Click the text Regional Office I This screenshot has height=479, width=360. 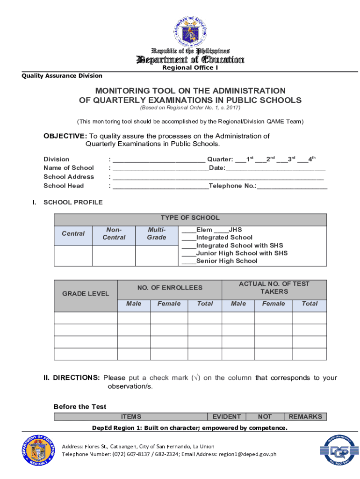(x=190, y=68)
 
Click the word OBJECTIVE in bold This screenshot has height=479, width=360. (x=65, y=136)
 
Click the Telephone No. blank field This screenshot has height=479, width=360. (x=292, y=187)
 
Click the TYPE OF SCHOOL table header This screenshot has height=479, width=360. (x=190, y=218)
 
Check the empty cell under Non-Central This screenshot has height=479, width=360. (x=114, y=255)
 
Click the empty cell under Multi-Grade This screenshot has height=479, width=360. (x=156, y=255)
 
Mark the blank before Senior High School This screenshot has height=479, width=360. (x=188, y=261)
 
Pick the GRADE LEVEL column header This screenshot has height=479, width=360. (x=86, y=294)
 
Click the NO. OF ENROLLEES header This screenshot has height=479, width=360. (x=170, y=288)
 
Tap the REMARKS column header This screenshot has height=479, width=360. (x=305, y=416)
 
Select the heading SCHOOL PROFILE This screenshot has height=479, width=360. (x=73, y=203)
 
